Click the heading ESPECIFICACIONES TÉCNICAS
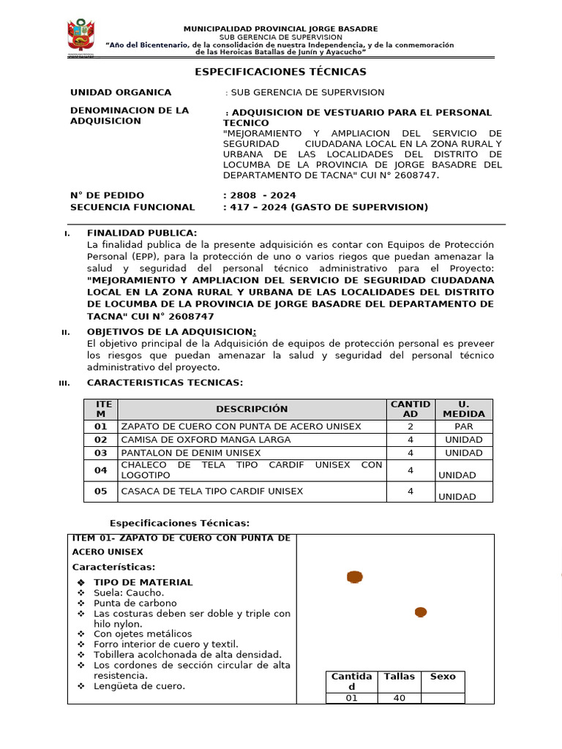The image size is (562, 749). (280, 72)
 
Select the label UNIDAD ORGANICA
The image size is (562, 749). (121, 92)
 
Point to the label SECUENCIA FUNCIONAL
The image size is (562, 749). (132, 207)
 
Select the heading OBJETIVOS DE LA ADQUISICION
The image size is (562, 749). (171, 332)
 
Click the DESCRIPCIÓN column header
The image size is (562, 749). (252, 409)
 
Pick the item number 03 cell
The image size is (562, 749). (101, 453)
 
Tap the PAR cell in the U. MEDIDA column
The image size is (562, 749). (463, 426)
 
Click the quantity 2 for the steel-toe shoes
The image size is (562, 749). (411, 426)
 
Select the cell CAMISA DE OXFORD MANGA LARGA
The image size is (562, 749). (206, 440)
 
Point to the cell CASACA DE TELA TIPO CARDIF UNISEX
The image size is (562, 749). (211, 491)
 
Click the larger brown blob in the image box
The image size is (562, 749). (355, 578)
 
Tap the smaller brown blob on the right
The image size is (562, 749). (421, 612)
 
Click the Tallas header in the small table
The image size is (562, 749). (400, 677)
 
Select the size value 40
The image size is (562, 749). (400, 699)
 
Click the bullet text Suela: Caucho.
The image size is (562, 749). (129, 592)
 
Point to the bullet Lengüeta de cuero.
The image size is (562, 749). (139, 686)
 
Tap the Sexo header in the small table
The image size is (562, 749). (443, 677)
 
